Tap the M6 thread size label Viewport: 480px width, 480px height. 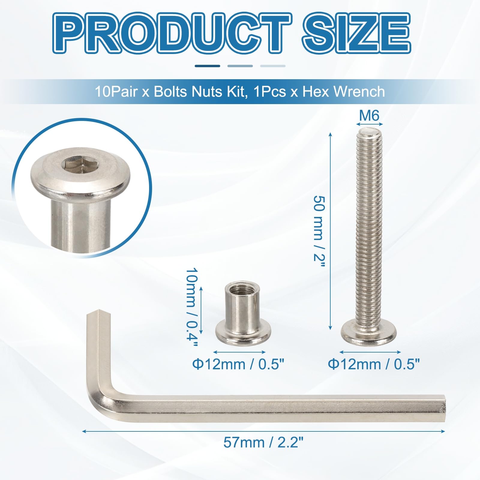(369, 115)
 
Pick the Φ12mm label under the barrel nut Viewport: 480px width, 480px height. (238, 364)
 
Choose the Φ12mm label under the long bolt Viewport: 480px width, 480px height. (373, 364)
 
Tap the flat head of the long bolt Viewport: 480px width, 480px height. (369, 332)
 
